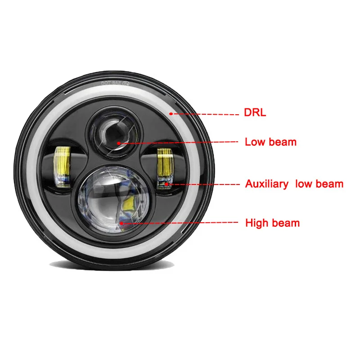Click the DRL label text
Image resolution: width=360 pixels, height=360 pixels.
(255, 112)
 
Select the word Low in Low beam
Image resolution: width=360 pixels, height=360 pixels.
(255, 142)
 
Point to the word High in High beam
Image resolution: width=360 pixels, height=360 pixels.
(256, 222)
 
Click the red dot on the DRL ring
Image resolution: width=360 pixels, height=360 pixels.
(171, 113)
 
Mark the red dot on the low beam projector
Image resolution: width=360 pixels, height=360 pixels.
(119, 143)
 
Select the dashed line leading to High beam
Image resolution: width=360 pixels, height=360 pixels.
(180, 222)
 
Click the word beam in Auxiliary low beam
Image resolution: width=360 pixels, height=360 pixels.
(330, 184)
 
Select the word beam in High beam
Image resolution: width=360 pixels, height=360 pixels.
(284, 222)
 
